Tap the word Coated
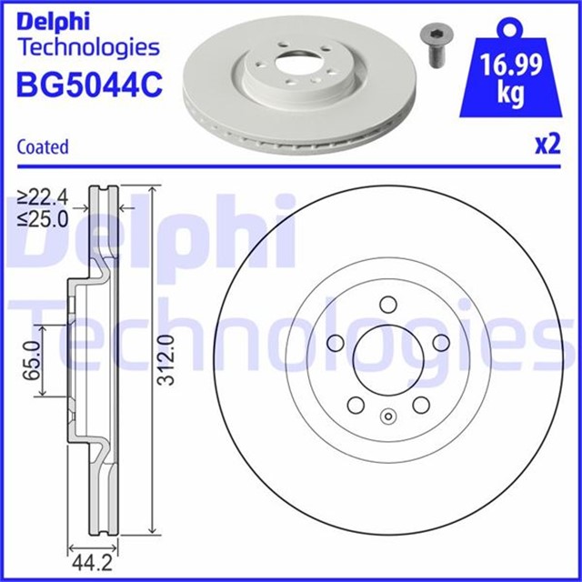[x=43, y=146]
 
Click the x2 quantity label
[x=545, y=145]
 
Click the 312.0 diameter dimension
[x=165, y=359]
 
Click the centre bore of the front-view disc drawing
[x=386, y=354]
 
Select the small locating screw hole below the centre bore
[x=387, y=417]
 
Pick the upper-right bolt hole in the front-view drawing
[x=442, y=341]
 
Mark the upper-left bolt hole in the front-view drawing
[x=334, y=342]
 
